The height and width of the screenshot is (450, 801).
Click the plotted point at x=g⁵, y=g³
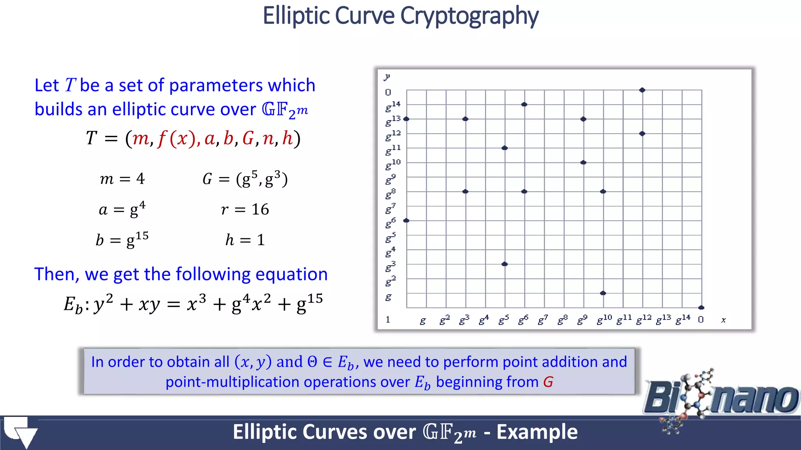click(x=505, y=264)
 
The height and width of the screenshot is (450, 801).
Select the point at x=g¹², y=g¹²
click(x=642, y=134)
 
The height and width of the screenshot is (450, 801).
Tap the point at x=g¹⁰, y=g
click(x=603, y=293)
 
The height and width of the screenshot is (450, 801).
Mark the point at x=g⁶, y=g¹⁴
click(x=524, y=104)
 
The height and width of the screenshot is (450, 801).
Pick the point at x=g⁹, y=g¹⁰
click(x=583, y=162)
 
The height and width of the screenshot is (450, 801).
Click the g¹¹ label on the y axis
click(x=393, y=150)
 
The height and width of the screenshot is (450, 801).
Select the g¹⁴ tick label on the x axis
click(x=683, y=320)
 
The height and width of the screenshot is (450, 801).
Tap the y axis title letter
click(x=387, y=77)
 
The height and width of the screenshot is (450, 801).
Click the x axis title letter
click(x=723, y=320)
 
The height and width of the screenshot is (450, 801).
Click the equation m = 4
click(x=122, y=179)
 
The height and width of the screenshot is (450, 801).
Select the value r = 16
click(x=245, y=210)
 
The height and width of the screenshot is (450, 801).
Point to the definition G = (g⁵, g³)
click(x=245, y=179)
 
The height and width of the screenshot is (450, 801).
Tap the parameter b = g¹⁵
click(x=122, y=239)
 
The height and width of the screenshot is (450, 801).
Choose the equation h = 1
click(x=245, y=239)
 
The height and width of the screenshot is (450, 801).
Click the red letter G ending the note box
click(x=548, y=382)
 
